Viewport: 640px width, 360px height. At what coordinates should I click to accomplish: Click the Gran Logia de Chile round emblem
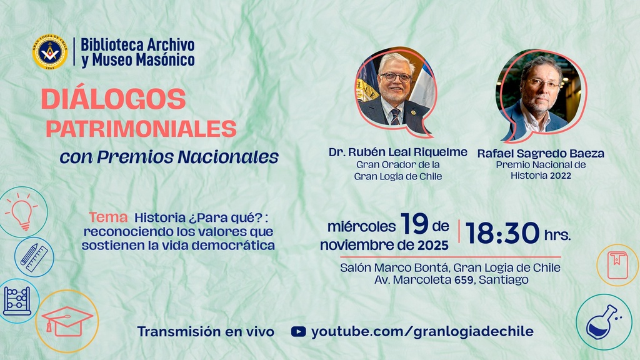[x=50, y=52]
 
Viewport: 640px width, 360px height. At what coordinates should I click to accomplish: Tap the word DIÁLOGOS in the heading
[x=114, y=99]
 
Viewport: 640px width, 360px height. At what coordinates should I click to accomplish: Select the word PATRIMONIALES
[x=141, y=129]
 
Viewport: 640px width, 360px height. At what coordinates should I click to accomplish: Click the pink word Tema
[x=109, y=217]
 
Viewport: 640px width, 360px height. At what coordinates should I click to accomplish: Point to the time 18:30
[x=502, y=232]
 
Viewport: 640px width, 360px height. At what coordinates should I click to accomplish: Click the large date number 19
[x=414, y=223]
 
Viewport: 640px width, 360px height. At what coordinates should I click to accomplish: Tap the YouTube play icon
[x=299, y=332]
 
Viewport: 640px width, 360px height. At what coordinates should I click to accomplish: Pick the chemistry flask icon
[x=602, y=322]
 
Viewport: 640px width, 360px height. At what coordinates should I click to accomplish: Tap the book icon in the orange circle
[x=617, y=264]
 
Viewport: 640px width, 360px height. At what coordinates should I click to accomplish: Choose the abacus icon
[x=17, y=301]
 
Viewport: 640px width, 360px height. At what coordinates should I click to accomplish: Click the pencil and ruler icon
[x=34, y=256]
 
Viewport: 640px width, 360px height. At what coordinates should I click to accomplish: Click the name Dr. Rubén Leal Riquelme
[x=398, y=152]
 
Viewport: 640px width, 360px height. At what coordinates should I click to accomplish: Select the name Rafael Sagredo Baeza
[x=541, y=153]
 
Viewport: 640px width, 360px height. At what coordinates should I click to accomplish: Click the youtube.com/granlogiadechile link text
[x=422, y=332]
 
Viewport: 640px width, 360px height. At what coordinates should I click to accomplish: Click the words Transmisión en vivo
[x=206, y=332]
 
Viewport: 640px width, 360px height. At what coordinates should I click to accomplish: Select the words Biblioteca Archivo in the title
[x=138, y=45]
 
